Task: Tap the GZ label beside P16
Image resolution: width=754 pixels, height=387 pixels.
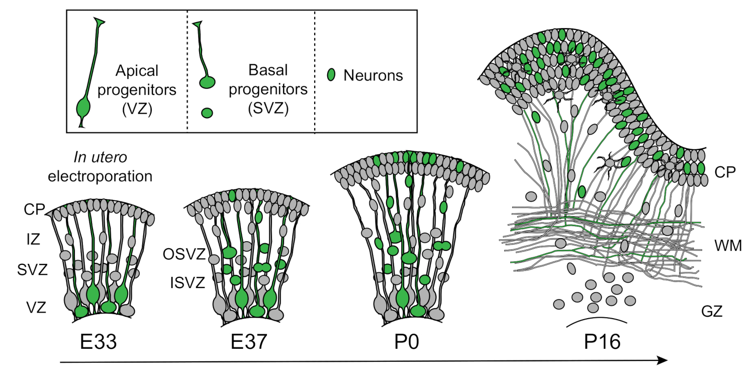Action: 712,312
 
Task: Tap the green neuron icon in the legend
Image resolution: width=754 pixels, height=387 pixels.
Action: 331,75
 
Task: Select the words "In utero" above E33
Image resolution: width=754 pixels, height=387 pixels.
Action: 100,157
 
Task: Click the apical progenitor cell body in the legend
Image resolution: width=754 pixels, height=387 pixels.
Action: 84,108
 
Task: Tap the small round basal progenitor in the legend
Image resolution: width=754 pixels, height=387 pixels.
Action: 207,113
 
